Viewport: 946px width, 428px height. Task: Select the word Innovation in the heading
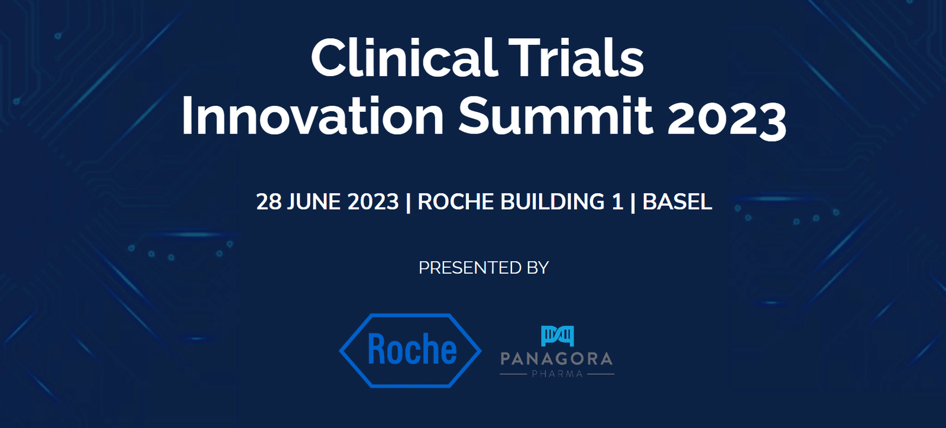pos(313,115)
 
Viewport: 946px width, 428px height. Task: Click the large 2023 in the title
pos(727,117)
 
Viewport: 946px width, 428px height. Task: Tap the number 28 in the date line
pos(268,202)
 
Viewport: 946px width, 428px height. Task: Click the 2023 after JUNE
pos(373,202)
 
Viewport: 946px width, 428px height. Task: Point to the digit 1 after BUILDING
pos(618,202)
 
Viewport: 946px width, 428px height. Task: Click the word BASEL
pos(677,202)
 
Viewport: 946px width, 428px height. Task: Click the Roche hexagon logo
pos(410,351)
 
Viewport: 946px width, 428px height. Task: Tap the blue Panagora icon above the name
pos(558,336)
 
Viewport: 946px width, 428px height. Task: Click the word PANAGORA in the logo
pos(556,359)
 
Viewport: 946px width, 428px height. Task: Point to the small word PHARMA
pos(557,374)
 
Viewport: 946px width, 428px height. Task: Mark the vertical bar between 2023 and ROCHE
pos(408,203)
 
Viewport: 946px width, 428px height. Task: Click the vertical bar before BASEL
pos(633,203)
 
